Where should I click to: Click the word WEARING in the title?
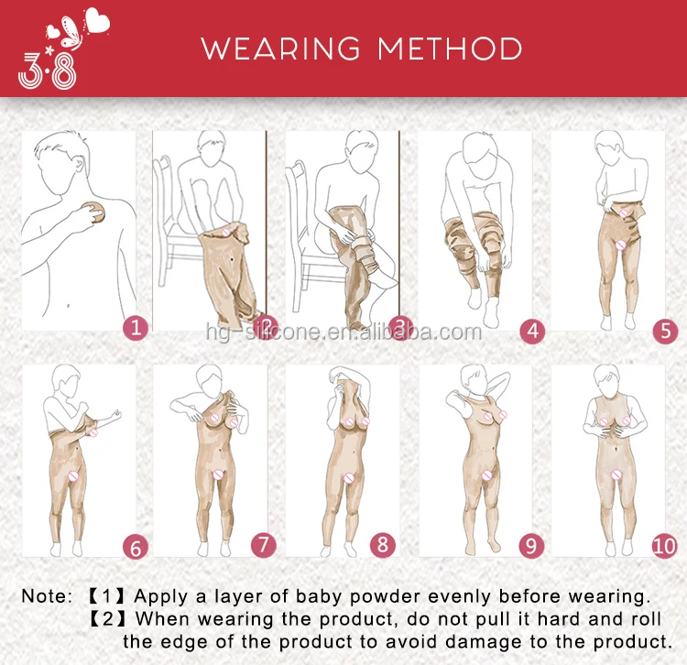(281, 49)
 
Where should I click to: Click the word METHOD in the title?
(450, 49)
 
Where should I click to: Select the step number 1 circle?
(136, 328)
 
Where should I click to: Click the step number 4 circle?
(532, 331)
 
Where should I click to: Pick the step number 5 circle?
(665, 331)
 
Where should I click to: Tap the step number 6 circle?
(136, 547)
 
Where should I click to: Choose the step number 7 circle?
(263, 545)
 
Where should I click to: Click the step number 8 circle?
(383, 545)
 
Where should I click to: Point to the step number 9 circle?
(531, 546)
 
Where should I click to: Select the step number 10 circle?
(665, 546)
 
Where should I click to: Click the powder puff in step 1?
(93, 213)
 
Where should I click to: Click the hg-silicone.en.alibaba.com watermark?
(343, 332)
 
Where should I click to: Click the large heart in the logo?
(97, 20)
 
